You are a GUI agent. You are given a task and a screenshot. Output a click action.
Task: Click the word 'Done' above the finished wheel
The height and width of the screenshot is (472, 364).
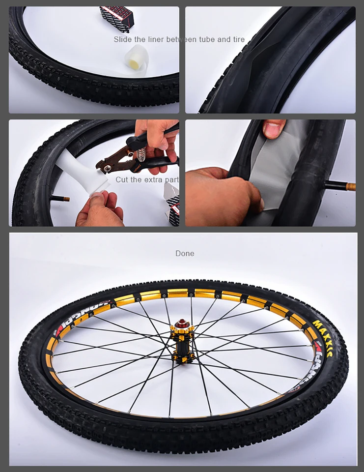[185, 254]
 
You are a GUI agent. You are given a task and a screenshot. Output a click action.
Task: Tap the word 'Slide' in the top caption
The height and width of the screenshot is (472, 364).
[123, 39]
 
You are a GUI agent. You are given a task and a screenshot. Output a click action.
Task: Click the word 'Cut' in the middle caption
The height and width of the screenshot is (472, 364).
[122, 179]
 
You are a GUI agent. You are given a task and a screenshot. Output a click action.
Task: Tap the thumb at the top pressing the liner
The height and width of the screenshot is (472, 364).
[273, 129]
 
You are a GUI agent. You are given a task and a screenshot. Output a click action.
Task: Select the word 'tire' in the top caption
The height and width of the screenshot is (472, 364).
[238, 39]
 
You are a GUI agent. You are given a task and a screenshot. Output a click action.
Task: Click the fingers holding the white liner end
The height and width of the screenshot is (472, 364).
[101, 209]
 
